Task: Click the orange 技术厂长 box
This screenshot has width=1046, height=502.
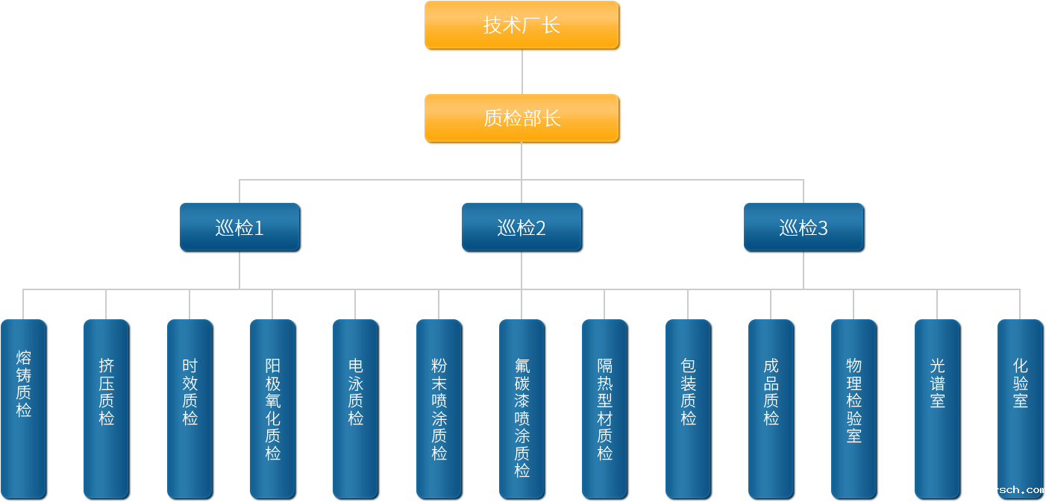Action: click(x=522, y=25)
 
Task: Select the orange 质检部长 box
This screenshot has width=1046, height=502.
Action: click(x=522, y=119)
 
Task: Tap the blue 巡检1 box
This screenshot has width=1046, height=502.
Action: click(x=239, y=227)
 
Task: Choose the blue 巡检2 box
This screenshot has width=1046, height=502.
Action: click(x=522, y=227)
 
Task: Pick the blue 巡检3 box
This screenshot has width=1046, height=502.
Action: click(x=804, y=227)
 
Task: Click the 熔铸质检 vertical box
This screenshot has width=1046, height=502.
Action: click(x=24, y=408)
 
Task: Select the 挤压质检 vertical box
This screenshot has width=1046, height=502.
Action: click(x=107, y=408)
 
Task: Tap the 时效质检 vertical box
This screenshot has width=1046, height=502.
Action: click(x=190, y=408)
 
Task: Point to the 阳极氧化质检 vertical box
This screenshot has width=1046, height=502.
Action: click(x=273, y=408)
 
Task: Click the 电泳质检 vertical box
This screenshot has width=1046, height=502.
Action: click(x=356, y=408)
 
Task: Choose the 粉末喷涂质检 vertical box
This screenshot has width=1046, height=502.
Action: click(x=439, y=408)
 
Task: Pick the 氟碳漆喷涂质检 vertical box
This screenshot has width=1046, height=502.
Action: click(x=522, y=408)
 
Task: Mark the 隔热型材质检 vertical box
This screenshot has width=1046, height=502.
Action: click(x=605, y=408)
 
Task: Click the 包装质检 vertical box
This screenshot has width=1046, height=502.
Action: click(x=689, y=408)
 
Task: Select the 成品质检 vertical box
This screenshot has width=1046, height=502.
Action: click(x=771, y=408)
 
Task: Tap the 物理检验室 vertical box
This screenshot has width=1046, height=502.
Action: click(x=854, y=408)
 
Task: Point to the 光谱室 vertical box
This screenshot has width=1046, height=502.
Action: click(x=938, y=408)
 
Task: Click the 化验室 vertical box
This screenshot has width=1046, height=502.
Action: click(x=1020, y=408)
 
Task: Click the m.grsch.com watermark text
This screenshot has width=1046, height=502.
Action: click(x=1009, y=490)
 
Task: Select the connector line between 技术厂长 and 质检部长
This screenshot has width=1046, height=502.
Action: click(x=522, y=72)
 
